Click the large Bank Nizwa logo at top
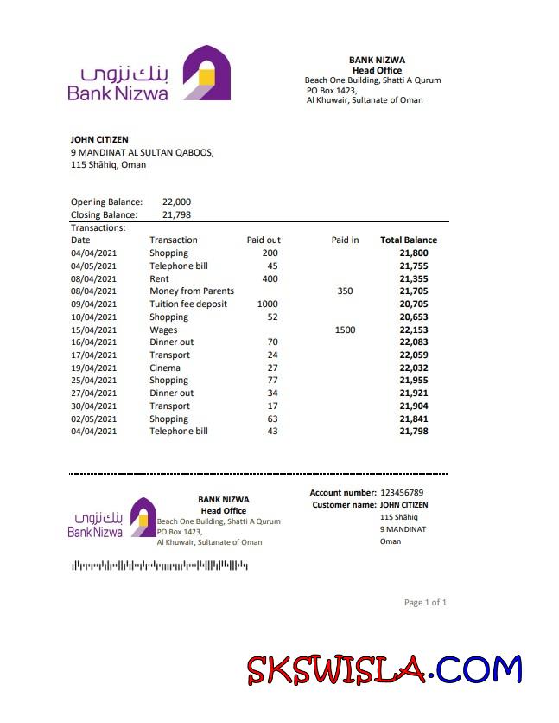tap(149, 74)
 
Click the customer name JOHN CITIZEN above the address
tap(99, 139)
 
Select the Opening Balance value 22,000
tap(176, 202)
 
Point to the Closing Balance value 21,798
tap(176, 215)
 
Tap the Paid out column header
tap(264, 240)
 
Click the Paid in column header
tap(345, 240)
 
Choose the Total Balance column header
tap(409, 240)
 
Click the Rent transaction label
tap(159, 278)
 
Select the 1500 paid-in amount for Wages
tap(345, 330)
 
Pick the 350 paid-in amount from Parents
tap(345, 291)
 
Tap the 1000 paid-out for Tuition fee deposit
tap(268, 304)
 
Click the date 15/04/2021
tap(92, 330)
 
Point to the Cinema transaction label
tap(165, 368)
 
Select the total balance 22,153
tap(414, 330)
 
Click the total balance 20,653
tap(414, 317)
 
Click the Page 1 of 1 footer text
tap(425, 603)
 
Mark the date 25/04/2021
tap(92, 381)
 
